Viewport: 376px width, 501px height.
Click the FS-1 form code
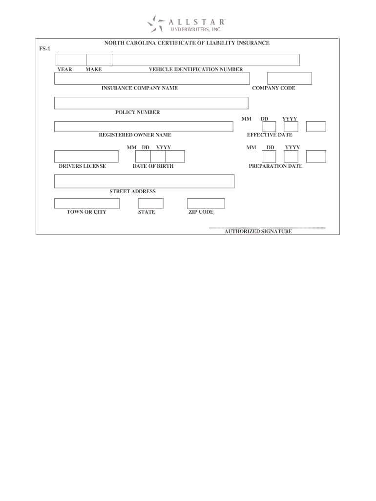click(x=44, y=49)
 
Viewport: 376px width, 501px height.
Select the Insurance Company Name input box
click(x=152, y=78)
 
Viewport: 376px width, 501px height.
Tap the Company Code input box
click(x=289, y=78)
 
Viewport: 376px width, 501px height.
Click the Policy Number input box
click(x=151, y=103)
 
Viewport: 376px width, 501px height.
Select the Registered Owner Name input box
click(x=144, y=127)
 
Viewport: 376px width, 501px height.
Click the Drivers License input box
click(x=86, y=156)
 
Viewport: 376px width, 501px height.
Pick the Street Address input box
click(x=144, y=181)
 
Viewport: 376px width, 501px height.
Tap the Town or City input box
click(x=87, y=204)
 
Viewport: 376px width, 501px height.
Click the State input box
click(x=150, y=204)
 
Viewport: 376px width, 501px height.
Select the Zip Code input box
click(x=206, y=204)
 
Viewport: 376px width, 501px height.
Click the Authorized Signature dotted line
click(x=267, y=228)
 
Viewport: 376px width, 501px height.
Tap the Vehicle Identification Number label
click(x=196, y=69)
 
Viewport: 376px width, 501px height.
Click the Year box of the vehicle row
click(x=71, y=60)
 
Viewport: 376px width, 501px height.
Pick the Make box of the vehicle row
click(x=99, y=60)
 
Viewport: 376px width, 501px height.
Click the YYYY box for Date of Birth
click(x=175, y=156)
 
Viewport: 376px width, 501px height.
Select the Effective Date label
click(x=270, y=135)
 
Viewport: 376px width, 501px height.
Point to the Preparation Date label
click(x=275, y=166)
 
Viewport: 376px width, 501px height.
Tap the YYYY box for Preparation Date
click(x=316, y=156)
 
